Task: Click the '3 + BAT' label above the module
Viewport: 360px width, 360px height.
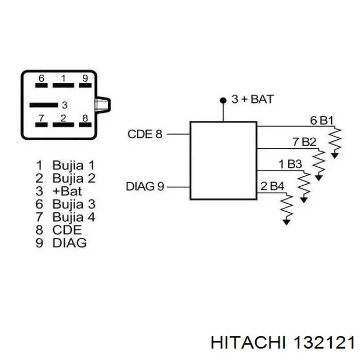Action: (252, 99)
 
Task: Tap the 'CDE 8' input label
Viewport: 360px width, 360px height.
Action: (145, 135)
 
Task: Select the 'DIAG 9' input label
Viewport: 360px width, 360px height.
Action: (145, 187)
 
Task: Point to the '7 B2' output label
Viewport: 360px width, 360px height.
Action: (304, 142)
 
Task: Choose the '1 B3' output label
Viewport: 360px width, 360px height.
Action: (290, 164)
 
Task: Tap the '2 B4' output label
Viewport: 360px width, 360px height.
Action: (272, 186)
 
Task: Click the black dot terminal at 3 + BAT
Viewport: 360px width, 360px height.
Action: (223, 100)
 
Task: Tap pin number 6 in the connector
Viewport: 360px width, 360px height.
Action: (42, 79)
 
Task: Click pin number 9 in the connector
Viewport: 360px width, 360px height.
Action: (85, 79)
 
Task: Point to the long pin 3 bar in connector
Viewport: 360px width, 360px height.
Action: (44, 105)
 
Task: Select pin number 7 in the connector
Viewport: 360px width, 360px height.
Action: (42, 118)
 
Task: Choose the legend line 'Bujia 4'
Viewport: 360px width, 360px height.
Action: (66, 217)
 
